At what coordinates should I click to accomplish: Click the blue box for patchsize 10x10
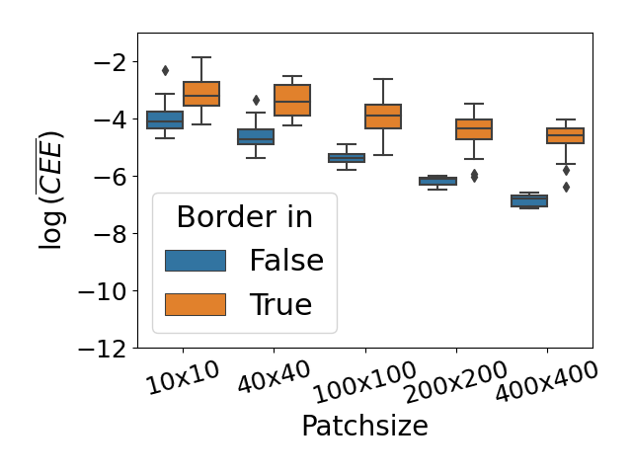(x=165, y=119)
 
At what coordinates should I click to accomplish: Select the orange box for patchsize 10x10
(x=201, y=93)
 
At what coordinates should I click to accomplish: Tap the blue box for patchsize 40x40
(x=256, y=136)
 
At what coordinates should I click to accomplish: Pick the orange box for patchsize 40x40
(x=292, y=100)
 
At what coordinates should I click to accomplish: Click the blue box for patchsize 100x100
(x=347, y=158)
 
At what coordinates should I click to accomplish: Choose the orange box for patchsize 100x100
(x=383, y=117)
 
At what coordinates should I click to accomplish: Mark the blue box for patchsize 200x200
(x=437, y=181)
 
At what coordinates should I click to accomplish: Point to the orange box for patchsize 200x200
(x=474, y=129)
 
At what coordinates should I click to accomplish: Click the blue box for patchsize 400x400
(x=528, y=200)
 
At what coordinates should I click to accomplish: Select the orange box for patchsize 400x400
(x=565, y=135)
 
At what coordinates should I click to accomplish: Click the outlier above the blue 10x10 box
(x=165, y=70)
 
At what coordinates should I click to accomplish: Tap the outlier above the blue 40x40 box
(x=256, y=100)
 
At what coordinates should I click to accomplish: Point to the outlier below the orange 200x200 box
(x=474, y=175)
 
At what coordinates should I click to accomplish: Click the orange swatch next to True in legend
(x=196, y=305)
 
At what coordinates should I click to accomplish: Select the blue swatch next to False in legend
(x=196, y=261)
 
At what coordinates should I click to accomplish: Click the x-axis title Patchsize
(x=364, y=426)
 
